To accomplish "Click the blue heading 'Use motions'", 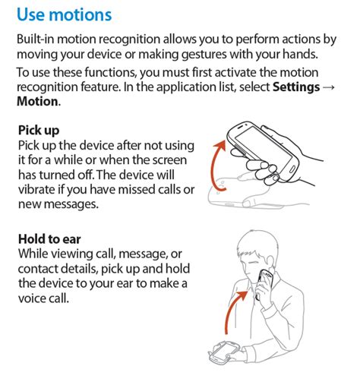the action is [x=64, y=14].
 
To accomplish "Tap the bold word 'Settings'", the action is [x=296, y=87].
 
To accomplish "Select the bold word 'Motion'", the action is [x=37, y=102].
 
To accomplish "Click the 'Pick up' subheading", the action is [x=39, y=131].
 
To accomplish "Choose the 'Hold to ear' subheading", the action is [x=49, y=239].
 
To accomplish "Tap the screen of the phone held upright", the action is [x=264, y=149].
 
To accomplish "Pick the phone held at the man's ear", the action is [x=264, y=281].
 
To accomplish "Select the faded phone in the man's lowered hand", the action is [x=223, y=351].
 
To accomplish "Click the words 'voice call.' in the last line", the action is [x=43, y=298].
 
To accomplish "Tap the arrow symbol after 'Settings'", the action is [x=329, y=87].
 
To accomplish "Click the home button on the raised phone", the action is [x=292, y=169].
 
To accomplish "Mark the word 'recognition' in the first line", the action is [x=129, y=39].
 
